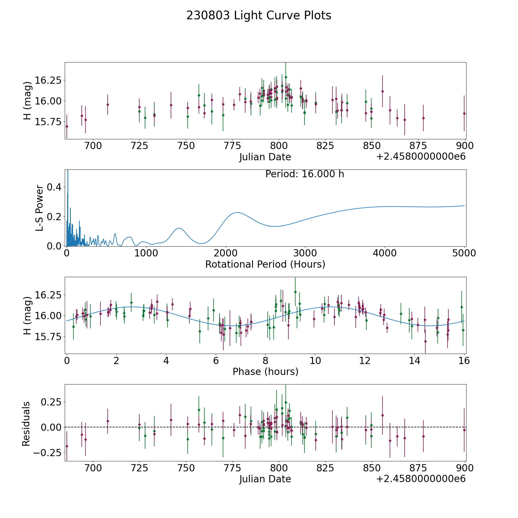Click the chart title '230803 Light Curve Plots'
click(259, 16)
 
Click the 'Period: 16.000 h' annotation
click(305, 174)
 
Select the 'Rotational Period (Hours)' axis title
click(265, 264)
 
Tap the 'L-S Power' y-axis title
click(39, 208)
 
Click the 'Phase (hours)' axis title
click(265, 372)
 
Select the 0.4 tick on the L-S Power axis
click(54, 187)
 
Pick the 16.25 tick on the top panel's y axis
click(48, 80)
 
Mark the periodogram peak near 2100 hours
click(237, 212)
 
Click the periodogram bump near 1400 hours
click(179, 228)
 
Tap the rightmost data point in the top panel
click(464, 113)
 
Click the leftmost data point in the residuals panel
click(67, 446)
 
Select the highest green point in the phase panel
click(295, 292)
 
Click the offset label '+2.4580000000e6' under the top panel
click(421, 157)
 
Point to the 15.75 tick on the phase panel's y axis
click(48, 336)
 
